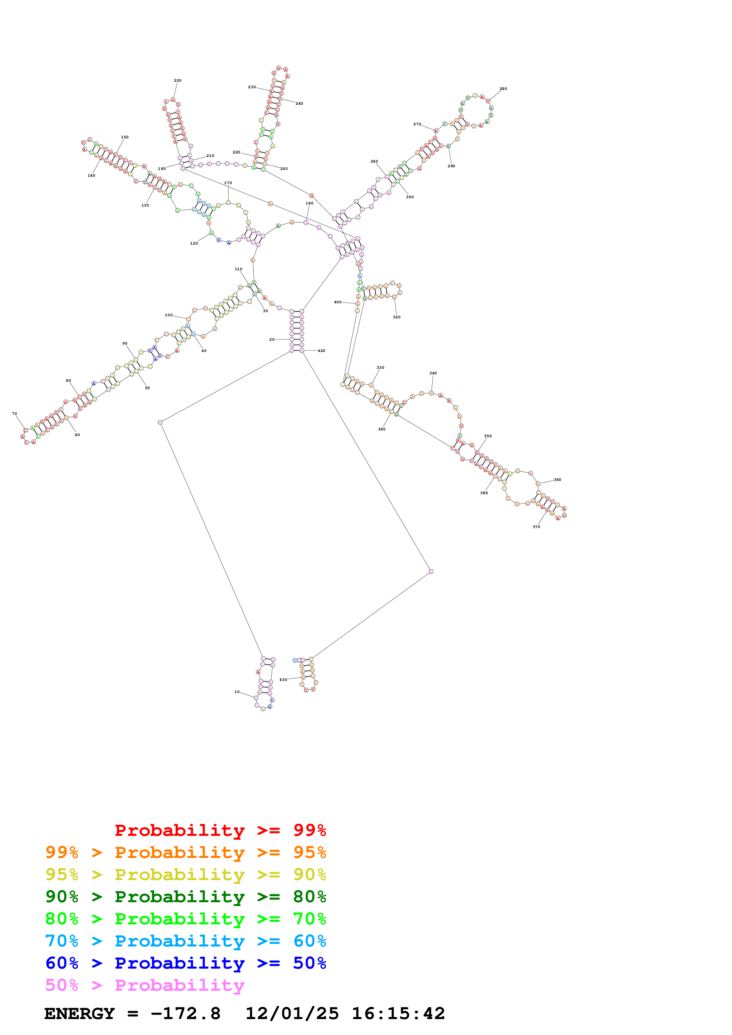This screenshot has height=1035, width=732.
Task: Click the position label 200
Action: click(178, 81)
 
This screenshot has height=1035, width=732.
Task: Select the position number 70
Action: click(14, 413)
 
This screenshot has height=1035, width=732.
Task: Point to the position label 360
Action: click(557, 480)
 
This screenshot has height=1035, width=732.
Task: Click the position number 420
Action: click(321, 351)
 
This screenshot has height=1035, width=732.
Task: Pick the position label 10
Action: click(237, 692)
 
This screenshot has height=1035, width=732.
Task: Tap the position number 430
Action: click(283, 679)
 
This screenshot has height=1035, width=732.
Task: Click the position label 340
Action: click(433, 373)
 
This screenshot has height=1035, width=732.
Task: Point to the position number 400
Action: click(338, 302)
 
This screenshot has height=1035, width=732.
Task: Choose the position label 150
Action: click(125, 137)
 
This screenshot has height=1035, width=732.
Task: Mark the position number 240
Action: click(299, 104)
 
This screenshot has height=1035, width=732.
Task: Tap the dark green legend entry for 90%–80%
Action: click(185, 897)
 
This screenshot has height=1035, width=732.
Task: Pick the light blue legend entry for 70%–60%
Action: click(185, 941)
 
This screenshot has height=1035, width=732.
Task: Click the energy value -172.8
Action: click(185, 1013)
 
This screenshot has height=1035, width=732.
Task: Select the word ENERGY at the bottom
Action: click(79, 1013)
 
